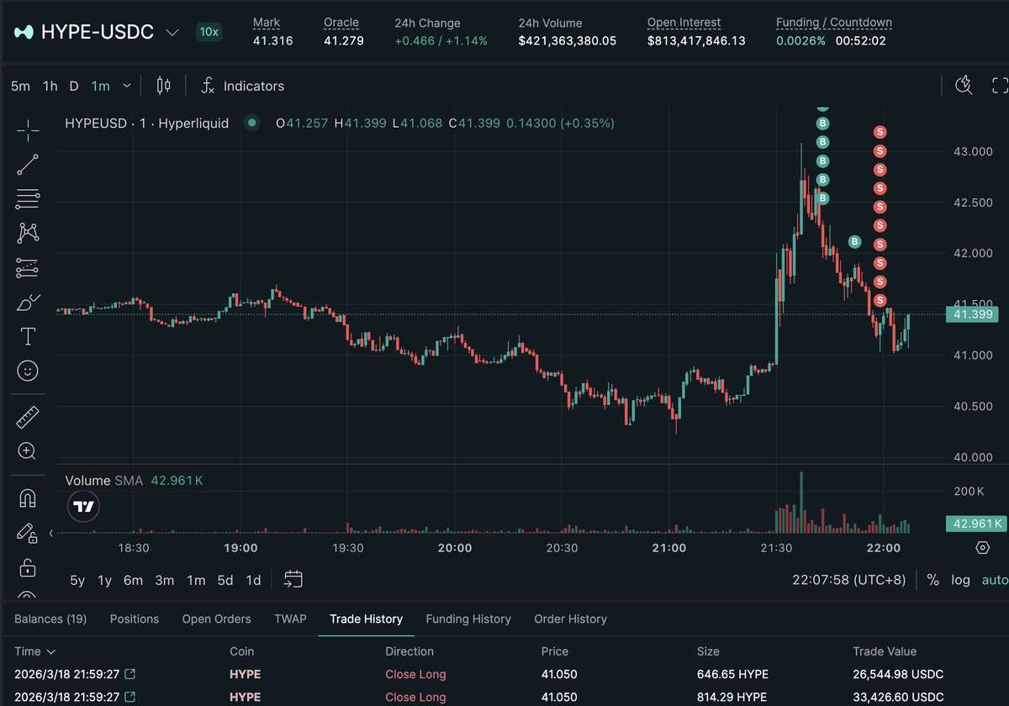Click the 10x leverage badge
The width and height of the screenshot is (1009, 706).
tap(209, 32)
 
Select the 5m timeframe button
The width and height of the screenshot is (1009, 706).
tap(20, 86)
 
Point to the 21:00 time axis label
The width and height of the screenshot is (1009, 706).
tap(668, 548)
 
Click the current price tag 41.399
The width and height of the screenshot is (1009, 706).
tap(975, 314)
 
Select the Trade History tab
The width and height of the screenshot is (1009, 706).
tap(366, 619)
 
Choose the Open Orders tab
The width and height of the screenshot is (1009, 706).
tap(216, 619)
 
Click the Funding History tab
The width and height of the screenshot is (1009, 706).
tap(468, 619)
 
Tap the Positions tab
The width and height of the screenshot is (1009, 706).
tap(135, 619)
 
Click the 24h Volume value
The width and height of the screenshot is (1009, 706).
tap(568, 40)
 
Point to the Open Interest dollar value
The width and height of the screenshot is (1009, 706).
tap(696, 40)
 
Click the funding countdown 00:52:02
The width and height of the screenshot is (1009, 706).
tap(860, 40)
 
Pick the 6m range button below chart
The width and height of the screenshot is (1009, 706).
tap(133, 580)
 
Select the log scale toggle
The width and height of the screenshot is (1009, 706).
tap(960, 580)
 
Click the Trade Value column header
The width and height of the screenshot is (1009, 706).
tap(885, 651)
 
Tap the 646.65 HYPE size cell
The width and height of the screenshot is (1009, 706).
tap(732, 674)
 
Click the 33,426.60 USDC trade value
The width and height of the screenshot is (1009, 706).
tap(898, 697)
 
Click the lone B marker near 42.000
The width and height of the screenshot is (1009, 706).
tap(854, 242)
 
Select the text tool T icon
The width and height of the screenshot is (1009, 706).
tap(28, 336)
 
